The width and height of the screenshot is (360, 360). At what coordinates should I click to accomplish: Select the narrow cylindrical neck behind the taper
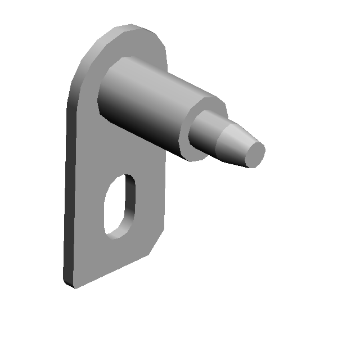tap(207, 132)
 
